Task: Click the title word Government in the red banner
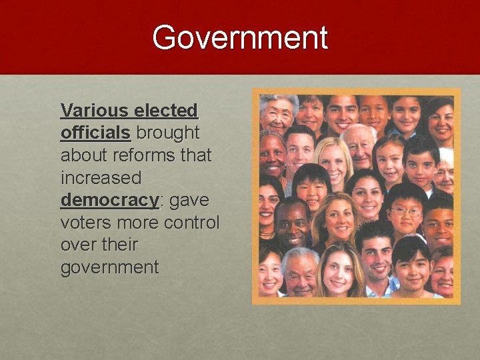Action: [240, 38]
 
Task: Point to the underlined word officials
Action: [95, 133]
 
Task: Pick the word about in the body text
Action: [83, 155]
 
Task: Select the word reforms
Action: [146, 155]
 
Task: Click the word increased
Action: [101, 178]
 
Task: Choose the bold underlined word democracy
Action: [110, 201]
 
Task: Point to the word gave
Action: [191, 201]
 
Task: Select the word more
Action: [137, 223]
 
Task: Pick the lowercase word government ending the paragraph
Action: [109, 268]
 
